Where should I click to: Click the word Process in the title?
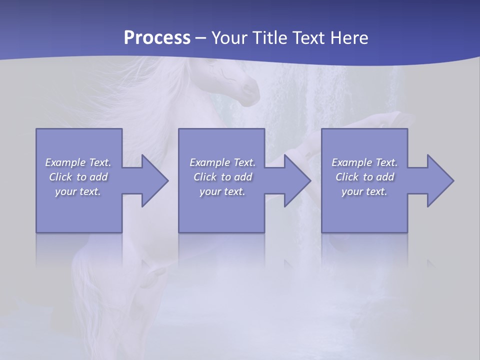(157, 38)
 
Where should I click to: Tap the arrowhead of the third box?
(439, 180)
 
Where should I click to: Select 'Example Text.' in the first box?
(78, 162)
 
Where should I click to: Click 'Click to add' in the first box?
(78, 177)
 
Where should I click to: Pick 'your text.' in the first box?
(78, 191)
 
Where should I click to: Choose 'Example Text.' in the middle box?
(222, 162)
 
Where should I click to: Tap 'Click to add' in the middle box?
(222, 177)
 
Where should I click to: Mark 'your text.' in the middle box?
(222, 191)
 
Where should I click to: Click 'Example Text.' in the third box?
(364, 162)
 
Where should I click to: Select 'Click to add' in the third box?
(364, 177)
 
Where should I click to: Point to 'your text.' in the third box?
(364, 191)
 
